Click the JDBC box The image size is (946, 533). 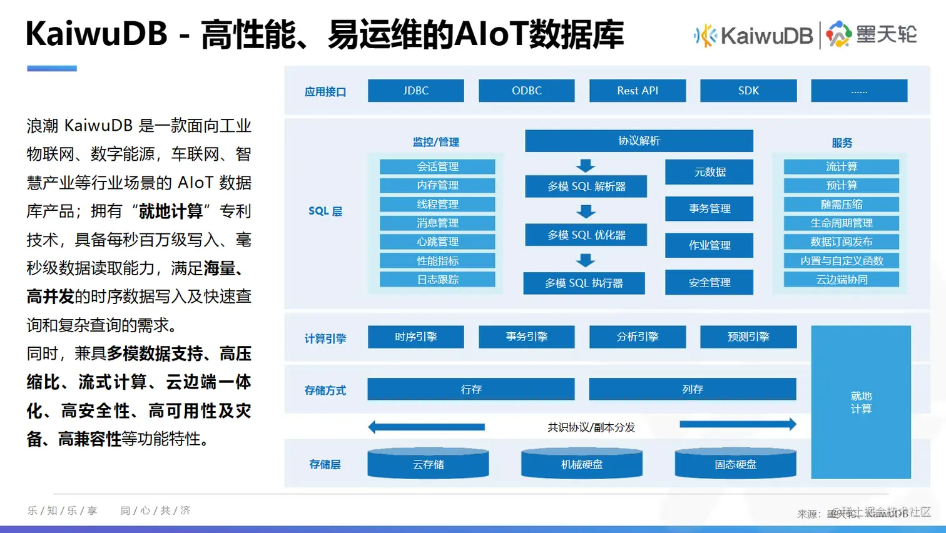coord(415,91)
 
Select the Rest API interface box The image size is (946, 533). coord(637,91)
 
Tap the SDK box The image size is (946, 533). coord(748,91)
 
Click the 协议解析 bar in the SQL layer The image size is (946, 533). coord(639,141)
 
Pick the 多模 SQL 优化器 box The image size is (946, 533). coord(586,235)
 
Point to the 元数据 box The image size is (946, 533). coord(709,172)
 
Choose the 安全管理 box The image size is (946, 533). coord(709,283)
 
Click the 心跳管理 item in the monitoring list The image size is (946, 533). coord(437,241)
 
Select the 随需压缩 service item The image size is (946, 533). coord(841,205)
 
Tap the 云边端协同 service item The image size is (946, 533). coord(841,280)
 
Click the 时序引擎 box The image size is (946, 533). coord(415,337)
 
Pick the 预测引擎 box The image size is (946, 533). coord(748,337)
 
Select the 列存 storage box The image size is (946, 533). coord(692,389)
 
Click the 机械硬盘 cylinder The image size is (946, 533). coord(581,464)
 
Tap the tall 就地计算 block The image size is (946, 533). coord(860,402)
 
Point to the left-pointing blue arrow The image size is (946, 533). coord(426,427)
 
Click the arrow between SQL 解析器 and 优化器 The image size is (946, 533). coord(586,211)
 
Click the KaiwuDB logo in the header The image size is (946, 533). coord(753,36)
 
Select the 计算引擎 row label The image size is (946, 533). coord(325,338)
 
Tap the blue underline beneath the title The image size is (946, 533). coord(52,68)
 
